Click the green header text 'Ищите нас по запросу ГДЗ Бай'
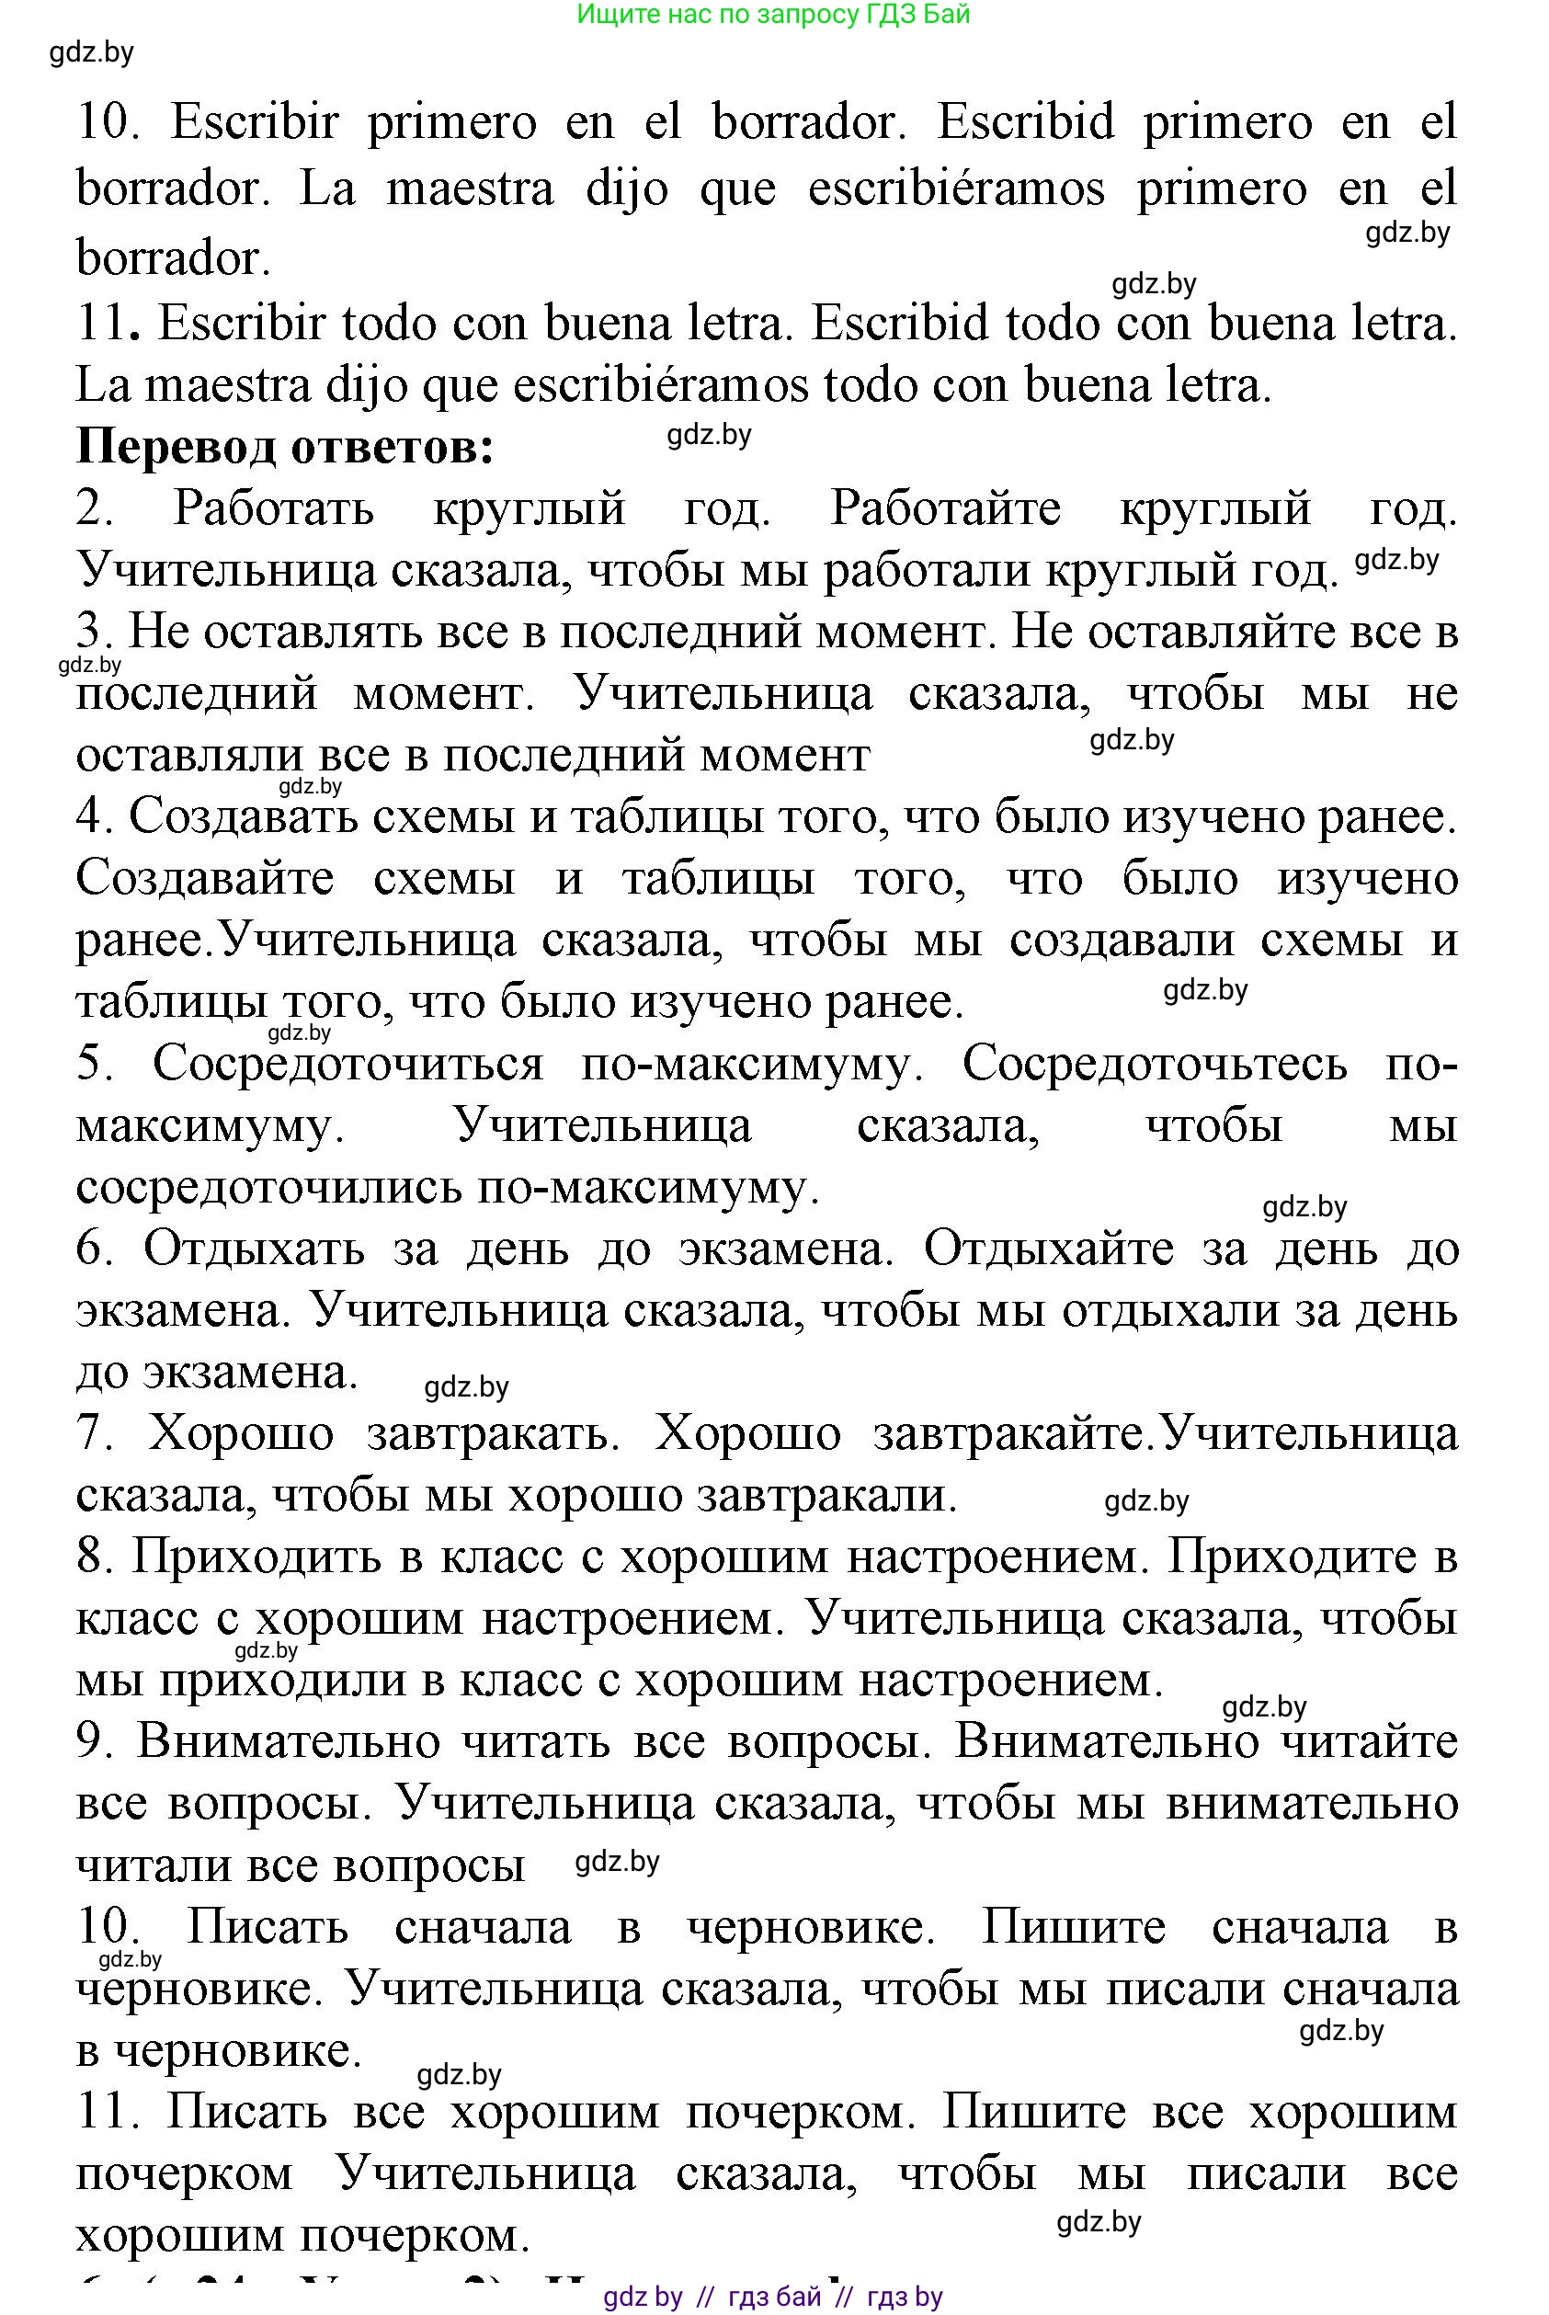coord(772,15)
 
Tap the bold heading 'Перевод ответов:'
coord(284,447)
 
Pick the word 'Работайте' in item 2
coord(944,508)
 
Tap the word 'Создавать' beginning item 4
coord(242,817)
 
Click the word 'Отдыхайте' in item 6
coord(1048,1249)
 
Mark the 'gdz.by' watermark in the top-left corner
coord(91,52)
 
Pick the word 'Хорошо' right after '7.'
coord(241,1434)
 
